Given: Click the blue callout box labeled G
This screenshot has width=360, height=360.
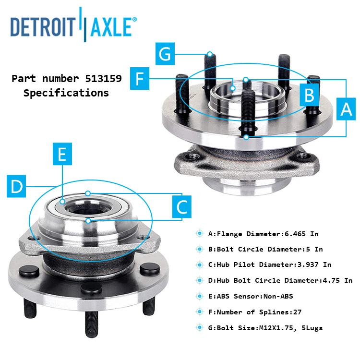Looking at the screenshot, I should (165, 54).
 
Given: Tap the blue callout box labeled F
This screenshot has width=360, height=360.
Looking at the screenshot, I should (140, 78).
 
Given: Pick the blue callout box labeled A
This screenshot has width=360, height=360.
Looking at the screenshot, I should (346, 109).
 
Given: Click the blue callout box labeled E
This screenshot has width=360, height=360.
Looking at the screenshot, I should (62, 155).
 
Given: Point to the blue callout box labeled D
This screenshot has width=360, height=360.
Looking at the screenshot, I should (17, 186).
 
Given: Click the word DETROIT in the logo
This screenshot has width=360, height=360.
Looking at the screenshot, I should (44, 27).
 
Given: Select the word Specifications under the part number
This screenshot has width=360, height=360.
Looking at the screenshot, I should (66, 93).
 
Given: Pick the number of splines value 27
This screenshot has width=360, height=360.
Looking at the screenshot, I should (297, 312).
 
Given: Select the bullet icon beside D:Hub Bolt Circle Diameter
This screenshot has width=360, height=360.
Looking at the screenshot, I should (199, 280).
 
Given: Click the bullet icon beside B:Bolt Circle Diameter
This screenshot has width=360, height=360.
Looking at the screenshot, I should (199, 249).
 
